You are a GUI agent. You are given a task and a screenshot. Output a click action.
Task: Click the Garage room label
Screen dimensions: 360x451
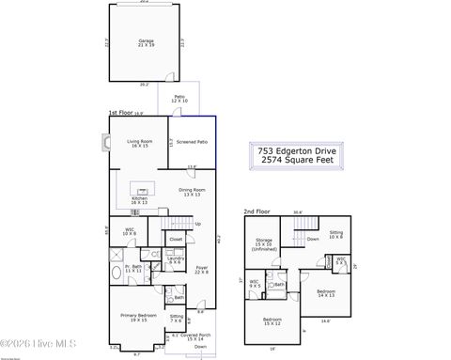click(x=146, y=43)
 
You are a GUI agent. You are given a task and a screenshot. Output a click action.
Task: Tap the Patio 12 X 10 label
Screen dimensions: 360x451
click(x=179, y=99)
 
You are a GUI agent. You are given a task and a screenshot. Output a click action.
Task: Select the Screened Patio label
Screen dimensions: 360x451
click(x=191, y=144)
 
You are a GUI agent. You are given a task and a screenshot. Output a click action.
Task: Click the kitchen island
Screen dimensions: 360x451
click(x=146, y=185)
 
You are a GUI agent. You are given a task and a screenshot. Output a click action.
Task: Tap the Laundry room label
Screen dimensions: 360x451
click(x=175, y=260)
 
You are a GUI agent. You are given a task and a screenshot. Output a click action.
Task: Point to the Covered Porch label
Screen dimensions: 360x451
click(x=192, y=337)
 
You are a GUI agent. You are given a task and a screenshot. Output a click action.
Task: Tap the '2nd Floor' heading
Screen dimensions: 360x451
click(x=257, y=211)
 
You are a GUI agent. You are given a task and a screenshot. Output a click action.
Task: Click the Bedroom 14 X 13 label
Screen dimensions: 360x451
click(x=326, y=293)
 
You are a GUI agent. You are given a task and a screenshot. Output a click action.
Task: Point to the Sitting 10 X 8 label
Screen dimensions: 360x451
click(x=335, y=236)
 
